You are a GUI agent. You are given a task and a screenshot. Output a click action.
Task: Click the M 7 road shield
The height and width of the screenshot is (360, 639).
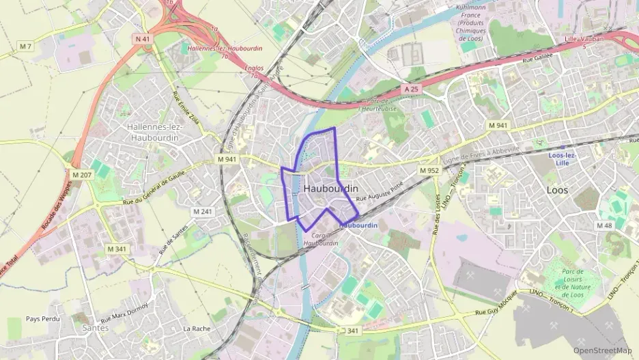(x=26, y=46)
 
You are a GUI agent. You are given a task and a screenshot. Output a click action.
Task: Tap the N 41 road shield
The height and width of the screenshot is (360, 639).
(x=143, y=40)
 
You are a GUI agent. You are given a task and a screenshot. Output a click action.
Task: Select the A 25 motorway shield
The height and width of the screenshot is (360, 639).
(x=410, y=89)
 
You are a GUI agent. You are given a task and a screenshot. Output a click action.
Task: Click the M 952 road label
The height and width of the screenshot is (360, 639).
(x=429, y=170)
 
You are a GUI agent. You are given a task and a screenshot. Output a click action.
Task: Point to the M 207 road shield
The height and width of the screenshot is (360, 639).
(x=81, y=175)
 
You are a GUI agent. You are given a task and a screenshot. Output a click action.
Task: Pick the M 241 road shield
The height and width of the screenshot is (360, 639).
(x=203, y=212)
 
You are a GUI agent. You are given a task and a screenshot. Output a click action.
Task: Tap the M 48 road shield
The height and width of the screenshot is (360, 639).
(x=604, y=225)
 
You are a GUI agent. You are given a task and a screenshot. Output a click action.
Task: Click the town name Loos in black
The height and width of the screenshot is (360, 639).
(x=557, y=191)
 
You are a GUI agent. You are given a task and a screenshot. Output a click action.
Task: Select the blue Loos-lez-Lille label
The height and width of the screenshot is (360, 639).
(x=563, y=159)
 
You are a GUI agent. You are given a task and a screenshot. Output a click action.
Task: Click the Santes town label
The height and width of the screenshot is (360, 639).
(x=95, y=328)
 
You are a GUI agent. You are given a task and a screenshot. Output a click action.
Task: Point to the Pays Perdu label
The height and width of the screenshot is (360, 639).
(x=43, y=319)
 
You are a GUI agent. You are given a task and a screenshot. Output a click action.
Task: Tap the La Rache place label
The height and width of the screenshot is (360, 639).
(x=196, y=329)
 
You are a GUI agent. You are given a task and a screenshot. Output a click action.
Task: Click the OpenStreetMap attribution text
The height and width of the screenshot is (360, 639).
(x=603, y=350)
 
